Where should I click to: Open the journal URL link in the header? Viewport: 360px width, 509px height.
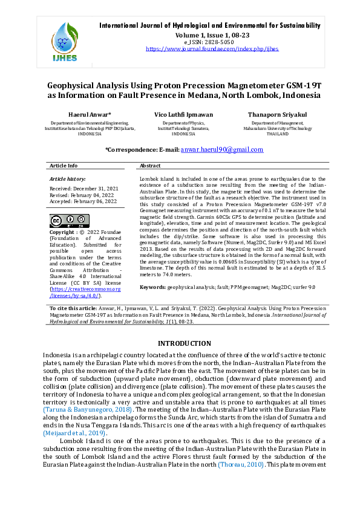pyautogui.click(x=212, y=48)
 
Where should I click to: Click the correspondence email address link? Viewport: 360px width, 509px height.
pyautogui.click(x=222, y=149)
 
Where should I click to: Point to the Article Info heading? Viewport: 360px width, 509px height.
pyautogui.click(x=64, y=165)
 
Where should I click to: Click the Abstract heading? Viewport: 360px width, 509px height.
pyautogui.click(x=150, y=165)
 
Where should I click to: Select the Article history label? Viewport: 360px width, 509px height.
pyautogui.click(x=68, y=180)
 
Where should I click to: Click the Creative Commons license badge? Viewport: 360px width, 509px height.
pyautogui.click(x=69, y=220)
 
